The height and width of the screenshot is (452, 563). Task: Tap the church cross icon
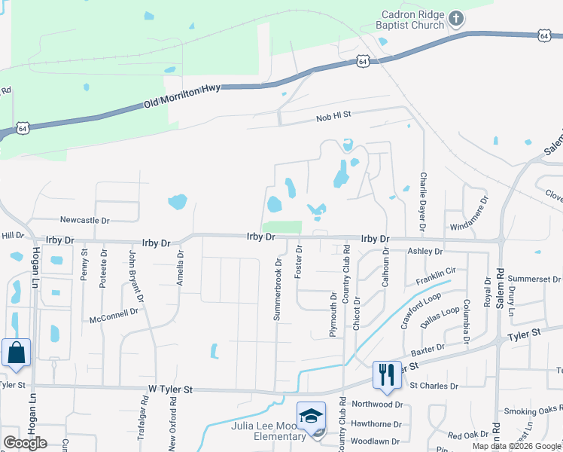click(x=456, y=19)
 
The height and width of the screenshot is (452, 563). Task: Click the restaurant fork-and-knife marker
click(x=386, y=375)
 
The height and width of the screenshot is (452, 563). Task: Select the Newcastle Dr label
click(x=85, y=221)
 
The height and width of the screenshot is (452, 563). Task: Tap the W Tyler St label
click(x=170, y=389)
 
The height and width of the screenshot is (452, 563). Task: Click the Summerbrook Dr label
click(x=278, y=290)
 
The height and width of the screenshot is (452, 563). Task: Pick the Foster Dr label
click(x=299, y=261)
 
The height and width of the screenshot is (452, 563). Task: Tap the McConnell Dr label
click(x=114, y=315)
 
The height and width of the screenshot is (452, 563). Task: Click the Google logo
click(x=25, y=443)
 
